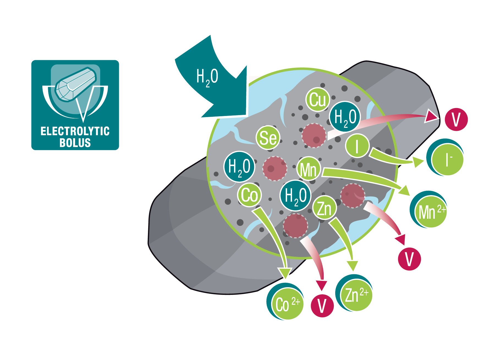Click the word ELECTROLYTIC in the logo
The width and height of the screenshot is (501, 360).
[75, 131]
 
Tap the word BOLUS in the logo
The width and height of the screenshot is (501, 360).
[75, 143]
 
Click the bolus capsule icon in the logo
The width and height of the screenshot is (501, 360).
[76, 84]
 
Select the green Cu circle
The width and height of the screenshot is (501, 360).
[318, 99]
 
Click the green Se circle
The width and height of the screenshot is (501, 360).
[268, 138]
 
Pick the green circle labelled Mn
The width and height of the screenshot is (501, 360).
[309, 170]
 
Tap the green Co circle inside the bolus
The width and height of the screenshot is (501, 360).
[249, 195]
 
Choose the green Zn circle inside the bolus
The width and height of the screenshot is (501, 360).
[325, 208]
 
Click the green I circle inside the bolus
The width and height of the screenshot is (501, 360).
[357, 146]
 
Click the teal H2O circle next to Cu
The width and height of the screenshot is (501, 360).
[345, 117]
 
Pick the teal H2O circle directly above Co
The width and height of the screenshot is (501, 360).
[239, 167]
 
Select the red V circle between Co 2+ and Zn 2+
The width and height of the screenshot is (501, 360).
[322, 306]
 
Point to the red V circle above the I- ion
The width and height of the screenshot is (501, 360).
[456, 120]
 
